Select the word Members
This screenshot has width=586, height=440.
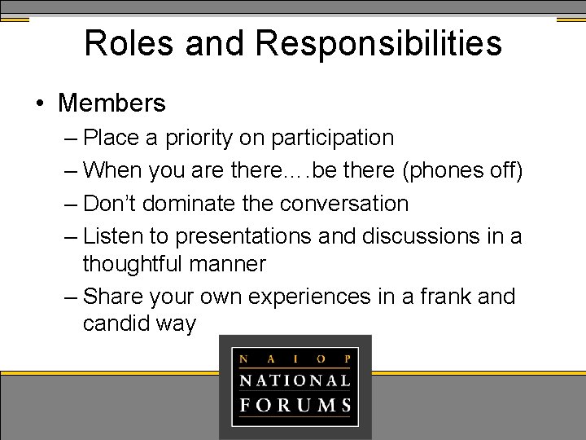[x=112, y=103]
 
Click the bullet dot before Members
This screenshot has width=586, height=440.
[x=39, y=104]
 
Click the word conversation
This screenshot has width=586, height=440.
[x=340, y=204]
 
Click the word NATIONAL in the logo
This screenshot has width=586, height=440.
[x=295, y=381]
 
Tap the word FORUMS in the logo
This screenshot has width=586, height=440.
[x=295, y=405]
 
